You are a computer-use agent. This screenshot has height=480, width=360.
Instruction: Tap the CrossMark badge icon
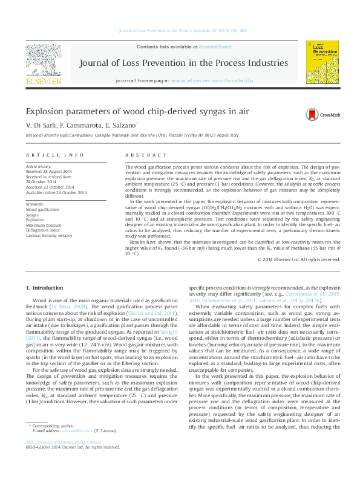(x=312, y=114)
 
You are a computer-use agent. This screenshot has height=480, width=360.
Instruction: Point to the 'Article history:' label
(x=39, y=166)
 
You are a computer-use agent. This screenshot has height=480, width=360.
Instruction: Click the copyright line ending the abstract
(x=281, y=260)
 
